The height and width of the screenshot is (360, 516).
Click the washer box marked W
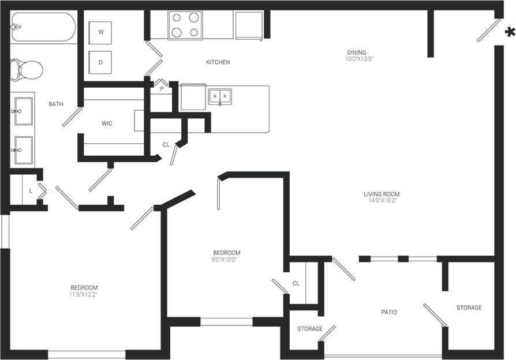pos(100,33)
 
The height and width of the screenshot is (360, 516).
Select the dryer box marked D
pos(100,62)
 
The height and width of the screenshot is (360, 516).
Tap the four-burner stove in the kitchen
pos(185,25)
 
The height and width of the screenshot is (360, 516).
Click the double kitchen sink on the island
pos(220,96)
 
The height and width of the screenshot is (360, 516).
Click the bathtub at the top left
pos(43,27)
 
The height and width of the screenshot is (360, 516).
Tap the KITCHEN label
pos(218,62)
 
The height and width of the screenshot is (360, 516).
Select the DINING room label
pos(356,52)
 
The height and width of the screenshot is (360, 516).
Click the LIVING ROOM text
pos(382,194)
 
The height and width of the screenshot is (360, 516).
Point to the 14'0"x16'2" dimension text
pos(382,201)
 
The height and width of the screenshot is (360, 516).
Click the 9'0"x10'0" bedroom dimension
pos(226,260)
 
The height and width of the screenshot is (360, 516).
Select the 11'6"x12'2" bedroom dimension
pos(84,295)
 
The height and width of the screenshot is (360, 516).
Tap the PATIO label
pos(389,312)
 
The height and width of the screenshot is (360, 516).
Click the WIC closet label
pos(107,123)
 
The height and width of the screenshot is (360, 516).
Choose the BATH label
pos(56,104)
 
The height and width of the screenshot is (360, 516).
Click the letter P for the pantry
pos(162,89)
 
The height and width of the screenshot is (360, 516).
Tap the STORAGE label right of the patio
pos(469,308)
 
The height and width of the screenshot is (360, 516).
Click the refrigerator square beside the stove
pos(249,25)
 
